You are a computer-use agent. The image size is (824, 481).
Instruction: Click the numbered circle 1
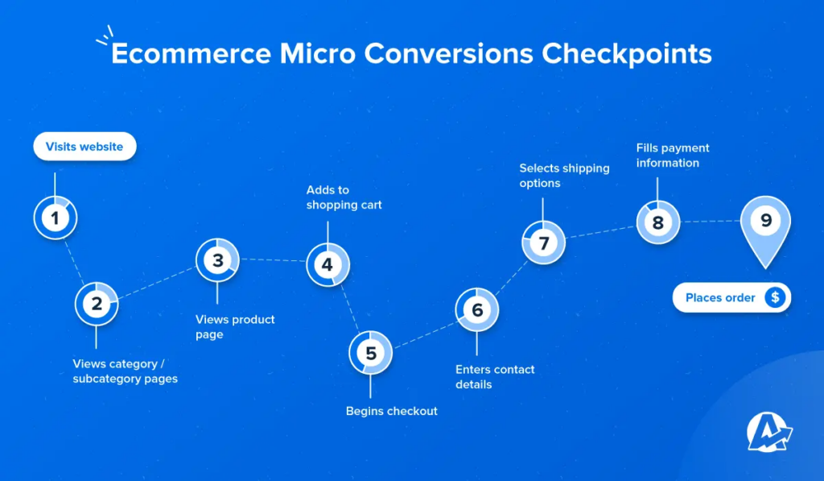pos(55,218)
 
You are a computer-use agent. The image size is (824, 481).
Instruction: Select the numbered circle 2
pos(97,304)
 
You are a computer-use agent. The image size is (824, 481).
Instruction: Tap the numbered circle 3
pos(217,260)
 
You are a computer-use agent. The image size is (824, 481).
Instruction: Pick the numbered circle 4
pos(327,264)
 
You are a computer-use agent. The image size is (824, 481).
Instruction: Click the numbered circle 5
pos(370,353)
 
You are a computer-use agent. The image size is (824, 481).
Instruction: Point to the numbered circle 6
pos(477,310)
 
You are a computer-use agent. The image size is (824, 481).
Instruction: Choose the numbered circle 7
pos(543,243)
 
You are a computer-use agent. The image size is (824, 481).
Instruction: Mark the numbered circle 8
pos(657,222)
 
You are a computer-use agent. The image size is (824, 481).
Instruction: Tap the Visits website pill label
pos(84,147)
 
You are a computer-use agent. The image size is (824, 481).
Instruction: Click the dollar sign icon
pos(775,297)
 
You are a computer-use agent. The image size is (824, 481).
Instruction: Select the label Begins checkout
pos(392,411)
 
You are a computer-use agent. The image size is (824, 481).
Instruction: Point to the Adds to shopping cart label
pos(344,197)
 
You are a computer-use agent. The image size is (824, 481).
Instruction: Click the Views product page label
pos(235,326)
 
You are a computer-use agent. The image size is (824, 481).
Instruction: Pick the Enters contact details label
pos(495,376)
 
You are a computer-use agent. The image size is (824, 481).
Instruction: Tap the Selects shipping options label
pos(564,176)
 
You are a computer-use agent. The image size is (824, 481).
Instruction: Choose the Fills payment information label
pos(673,155)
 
